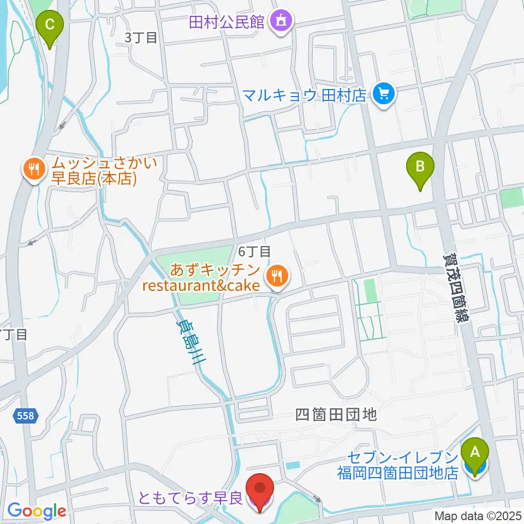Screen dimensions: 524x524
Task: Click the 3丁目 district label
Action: [x=141, y=38]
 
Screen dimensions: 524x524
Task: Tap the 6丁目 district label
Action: [x=254, y=252]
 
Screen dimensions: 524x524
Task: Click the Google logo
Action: [x=37, y=511]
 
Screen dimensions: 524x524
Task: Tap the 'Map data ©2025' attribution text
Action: [x=478, y=515]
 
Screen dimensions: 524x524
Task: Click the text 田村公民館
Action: [x=226, y=22]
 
